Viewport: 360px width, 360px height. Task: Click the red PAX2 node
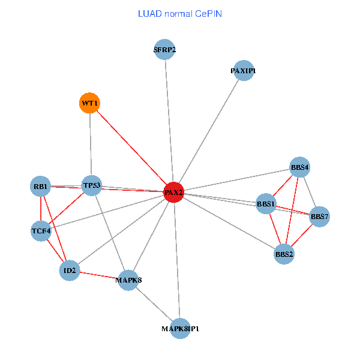[173, 192]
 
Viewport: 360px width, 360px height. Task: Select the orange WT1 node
[89, 103]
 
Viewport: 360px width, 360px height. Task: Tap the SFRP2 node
[164, 50]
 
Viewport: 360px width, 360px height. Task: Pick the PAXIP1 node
[243, 71]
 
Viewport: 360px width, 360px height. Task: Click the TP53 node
[92, 185]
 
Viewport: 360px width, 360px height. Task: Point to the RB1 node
[41, 185]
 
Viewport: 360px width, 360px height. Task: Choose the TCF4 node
[41, 230]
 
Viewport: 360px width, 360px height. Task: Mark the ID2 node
[70, 271]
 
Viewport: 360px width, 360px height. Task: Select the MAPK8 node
[128, 280]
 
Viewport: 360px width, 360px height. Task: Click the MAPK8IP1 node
[180, 329]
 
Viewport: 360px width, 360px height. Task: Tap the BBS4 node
[299, 167]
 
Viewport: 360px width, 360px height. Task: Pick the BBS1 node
[266, 204]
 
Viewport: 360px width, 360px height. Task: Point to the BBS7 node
[319, 216]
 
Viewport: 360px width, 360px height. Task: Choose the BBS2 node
[284, 254]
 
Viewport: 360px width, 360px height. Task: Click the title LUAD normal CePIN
[179, 13]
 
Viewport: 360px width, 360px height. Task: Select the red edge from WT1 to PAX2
[131, 148]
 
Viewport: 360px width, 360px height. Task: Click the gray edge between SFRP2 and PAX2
[169, 120]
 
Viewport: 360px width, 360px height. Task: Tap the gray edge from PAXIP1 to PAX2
[208, 131]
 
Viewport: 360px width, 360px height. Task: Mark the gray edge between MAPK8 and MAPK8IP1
[154, 304]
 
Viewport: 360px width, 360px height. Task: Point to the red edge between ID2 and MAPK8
[99, 275]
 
